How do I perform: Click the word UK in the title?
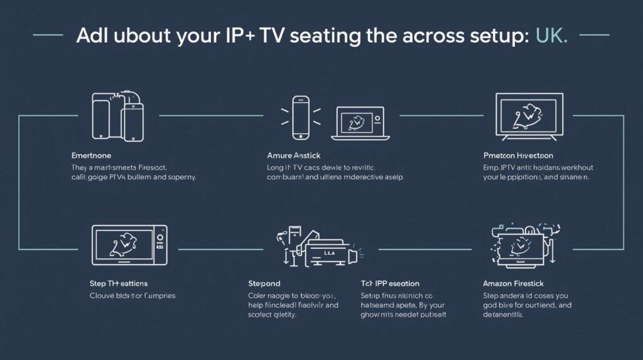coord(552,35)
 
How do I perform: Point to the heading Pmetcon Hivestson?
coord(519,155)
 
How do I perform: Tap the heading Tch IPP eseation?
coord(390,283)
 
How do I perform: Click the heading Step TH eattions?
coord(119,283)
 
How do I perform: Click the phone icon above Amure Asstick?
coord(301,117)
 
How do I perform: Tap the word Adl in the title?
coord(91,35)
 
